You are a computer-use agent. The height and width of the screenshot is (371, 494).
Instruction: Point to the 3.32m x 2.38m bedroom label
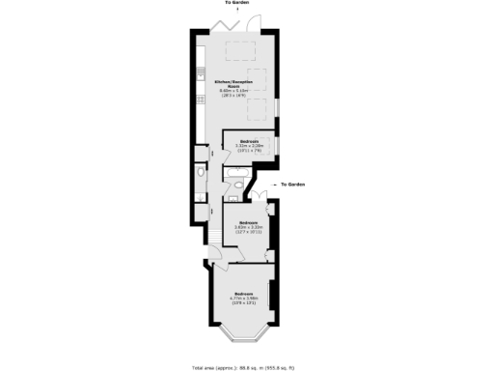tap(246, 147)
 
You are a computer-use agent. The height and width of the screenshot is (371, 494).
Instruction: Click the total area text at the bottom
tap(247, 367)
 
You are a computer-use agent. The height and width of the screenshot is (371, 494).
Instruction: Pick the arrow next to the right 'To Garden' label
tap(278, 184)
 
